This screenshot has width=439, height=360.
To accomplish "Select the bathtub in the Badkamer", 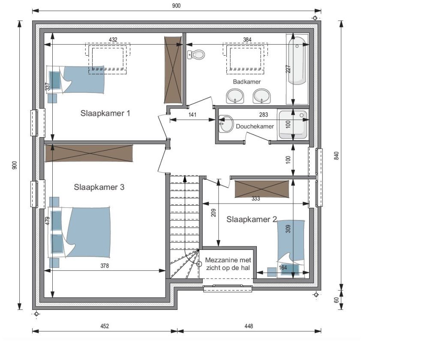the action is (x=297, y=60).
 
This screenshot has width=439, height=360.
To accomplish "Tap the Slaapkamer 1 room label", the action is (x=105, y=114).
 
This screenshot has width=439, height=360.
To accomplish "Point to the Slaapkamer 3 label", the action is (x=99, y=187).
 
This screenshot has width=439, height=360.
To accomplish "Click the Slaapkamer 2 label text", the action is (x=252, y=219).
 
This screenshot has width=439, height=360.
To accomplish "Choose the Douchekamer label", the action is (x=255, y=126).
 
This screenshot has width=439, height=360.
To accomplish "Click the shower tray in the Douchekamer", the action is (x=292, y=125).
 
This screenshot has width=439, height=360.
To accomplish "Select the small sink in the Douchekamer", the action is (x=226, y=123).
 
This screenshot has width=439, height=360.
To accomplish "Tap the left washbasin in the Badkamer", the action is (x=235, y=96).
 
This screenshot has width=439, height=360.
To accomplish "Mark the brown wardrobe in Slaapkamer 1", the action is (x=173, y=70).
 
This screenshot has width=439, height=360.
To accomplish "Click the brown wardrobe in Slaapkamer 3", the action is (x=89, y=153).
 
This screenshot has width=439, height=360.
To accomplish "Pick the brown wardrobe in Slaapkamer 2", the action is (x=262, y=189).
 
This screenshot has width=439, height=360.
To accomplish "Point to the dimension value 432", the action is (x=113, y=40).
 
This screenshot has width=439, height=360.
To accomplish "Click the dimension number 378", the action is (x=105, y=266).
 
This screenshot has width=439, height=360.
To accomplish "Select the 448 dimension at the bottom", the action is (x=249, y=326).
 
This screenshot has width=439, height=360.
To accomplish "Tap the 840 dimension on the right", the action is (x=337, y=156).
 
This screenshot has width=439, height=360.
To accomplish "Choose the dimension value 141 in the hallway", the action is (x=192, y=115).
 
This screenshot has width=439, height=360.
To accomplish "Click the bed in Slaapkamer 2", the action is (x=291, y=249).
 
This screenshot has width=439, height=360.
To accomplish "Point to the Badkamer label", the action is (x=247, y=82).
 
